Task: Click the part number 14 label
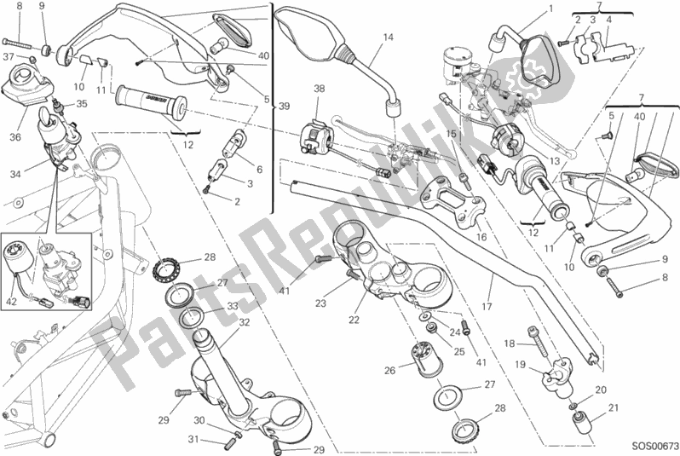coord(388,37)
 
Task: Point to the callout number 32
coord(244,322)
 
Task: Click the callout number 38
coord(319,89)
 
